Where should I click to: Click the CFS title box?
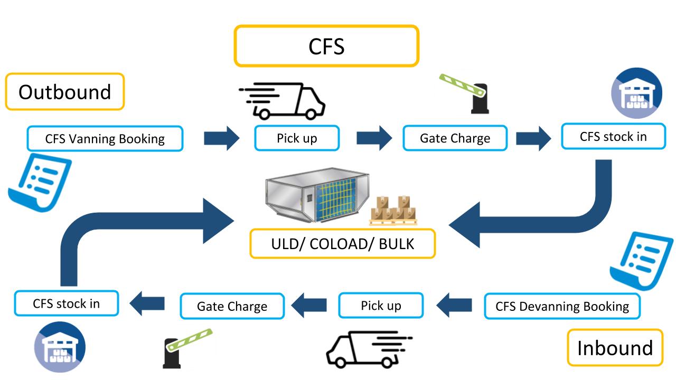coord(326,46)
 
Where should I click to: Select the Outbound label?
coord(64,92)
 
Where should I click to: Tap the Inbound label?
coord(615,348)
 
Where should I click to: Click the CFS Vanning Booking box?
coord(105,139)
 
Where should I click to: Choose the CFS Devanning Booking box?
coord(562,306)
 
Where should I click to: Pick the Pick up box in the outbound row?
coord(296,138)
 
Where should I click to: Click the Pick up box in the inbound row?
coord(381,306)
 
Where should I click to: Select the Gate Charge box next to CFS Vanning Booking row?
coord(455,138)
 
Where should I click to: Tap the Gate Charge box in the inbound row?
coord(232,306)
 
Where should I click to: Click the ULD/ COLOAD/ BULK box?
coord(342,244)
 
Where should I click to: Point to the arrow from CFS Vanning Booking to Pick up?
coord(222,138)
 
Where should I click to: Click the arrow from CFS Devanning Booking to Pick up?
coord(454,305)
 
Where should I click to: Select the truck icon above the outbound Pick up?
coord(282,100)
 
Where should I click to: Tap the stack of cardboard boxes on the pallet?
coord(394,211)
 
